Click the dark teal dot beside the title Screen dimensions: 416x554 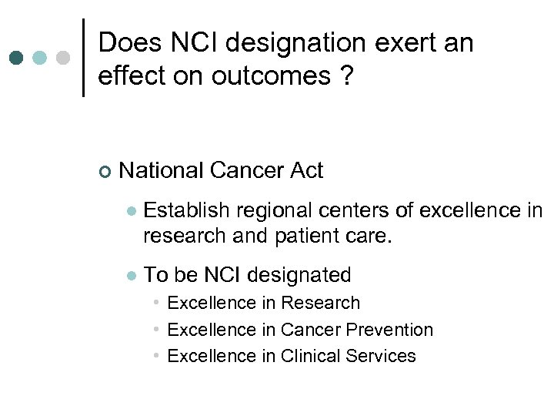(17, 59)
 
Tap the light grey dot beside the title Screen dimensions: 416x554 (64, 59)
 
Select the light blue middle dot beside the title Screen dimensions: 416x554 (41, 59)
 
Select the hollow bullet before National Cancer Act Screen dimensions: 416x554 (105, 171)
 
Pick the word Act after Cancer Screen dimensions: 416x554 (305, 170)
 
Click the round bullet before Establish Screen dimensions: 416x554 (131, 211)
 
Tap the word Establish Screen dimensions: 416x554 (187, 210)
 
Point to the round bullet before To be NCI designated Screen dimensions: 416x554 (131, 276)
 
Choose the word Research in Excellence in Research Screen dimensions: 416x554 (321, 304)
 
